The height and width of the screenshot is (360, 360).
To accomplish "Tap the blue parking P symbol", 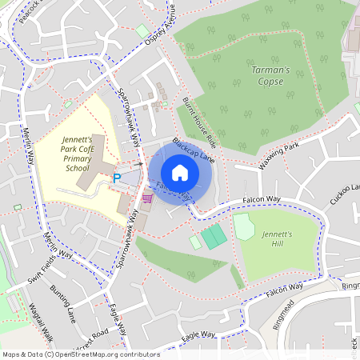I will (117, 178).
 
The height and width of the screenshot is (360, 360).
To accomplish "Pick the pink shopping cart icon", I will (147, 197).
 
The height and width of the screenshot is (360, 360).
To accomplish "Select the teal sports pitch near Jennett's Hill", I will (214, 237).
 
